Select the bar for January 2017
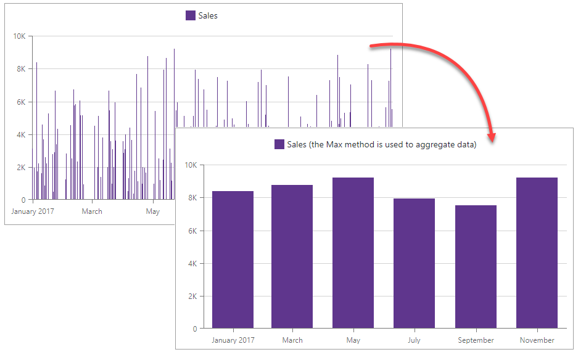[x=233, y=260]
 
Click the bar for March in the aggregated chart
[x=292, y=256]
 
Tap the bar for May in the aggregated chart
[x=353, y=253]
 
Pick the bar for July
[x=414, y=263]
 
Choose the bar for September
[x=476, y=266]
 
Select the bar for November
[x=537, y=253]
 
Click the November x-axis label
[x=537, y=340]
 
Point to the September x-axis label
[x=476, y=340]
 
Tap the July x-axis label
[x=414, y=340]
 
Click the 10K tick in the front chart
[x=191, y=165]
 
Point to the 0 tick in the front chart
[x=194, y=329]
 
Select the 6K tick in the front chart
[x=192, y=231]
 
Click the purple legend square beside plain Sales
[x=191, y=15]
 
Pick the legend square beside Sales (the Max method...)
[x=279, y=144]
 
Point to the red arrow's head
[x=492, y=136]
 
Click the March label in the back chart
[x=92, y=211]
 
